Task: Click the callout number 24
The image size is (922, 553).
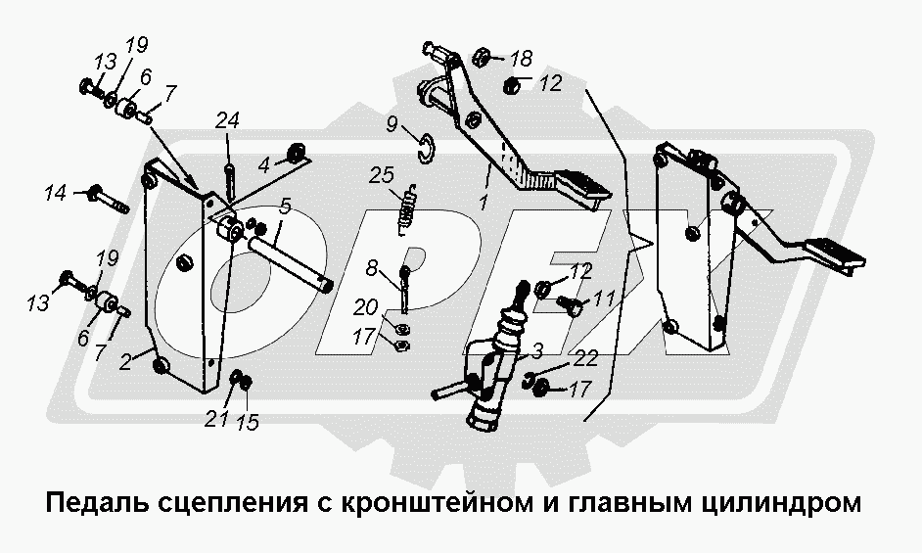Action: tap(227, 120)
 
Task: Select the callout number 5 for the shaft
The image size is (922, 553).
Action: tap(284, 207)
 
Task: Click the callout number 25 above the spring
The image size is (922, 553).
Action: tap(381, 175)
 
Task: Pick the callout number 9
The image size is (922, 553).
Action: tap(392, 124)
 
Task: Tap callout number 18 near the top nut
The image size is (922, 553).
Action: tap(521, 58)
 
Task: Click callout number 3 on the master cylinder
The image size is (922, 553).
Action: tap(537, 348)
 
